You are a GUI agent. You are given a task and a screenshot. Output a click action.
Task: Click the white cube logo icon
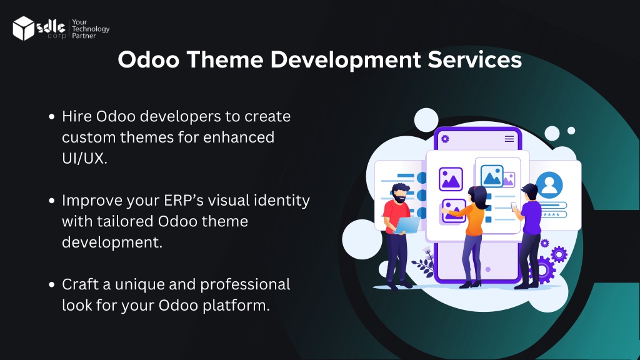23,28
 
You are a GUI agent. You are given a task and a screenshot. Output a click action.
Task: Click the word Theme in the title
225,59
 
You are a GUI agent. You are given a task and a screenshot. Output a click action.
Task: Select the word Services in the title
475,59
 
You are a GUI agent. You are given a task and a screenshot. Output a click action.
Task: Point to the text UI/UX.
84,158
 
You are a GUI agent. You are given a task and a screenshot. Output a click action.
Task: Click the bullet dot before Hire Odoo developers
51,117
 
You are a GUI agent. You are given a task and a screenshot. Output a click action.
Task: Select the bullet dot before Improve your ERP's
51,201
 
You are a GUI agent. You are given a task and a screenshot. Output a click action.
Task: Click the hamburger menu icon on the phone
509,139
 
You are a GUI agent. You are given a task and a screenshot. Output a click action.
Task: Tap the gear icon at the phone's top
445,139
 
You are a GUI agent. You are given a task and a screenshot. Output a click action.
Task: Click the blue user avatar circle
549,185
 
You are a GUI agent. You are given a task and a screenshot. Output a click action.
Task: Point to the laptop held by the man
406,225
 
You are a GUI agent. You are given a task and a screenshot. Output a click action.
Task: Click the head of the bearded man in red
399,193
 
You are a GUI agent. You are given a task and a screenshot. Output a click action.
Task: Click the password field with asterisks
554,215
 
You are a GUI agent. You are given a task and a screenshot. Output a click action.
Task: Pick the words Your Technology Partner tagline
91,29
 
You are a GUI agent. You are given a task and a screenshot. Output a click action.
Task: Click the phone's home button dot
487,269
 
